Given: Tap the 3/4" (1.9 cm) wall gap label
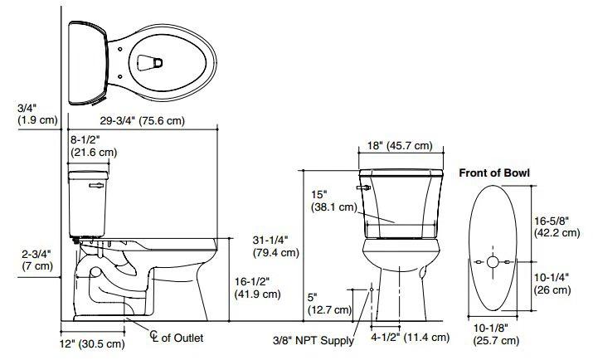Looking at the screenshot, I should pos(36,114).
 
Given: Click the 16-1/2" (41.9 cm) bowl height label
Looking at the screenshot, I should pos(255,287).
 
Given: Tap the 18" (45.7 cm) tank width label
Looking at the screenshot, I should pos(399,147).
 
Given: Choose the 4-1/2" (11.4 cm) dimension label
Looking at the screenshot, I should pos(409,338).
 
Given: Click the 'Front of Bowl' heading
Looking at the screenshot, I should pos(494,173).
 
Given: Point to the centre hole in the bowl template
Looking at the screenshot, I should pos(492,262).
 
